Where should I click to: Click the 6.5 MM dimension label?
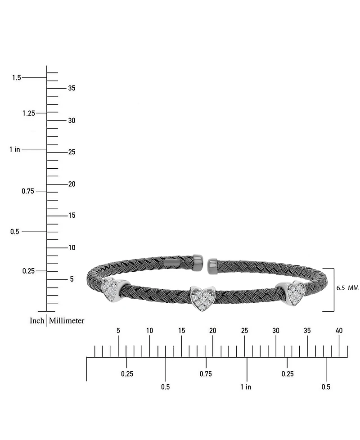click(347, 288)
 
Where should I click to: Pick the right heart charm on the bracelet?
click(292, 293)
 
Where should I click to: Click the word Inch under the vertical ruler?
click(37, 320)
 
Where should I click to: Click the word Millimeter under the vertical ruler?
click(67, 320)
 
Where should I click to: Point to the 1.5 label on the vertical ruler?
click(17, 78)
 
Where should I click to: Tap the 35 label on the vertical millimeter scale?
click(72, 88)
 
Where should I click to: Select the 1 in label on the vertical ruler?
click(15, 149)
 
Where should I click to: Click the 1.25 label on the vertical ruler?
click(29, 113)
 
